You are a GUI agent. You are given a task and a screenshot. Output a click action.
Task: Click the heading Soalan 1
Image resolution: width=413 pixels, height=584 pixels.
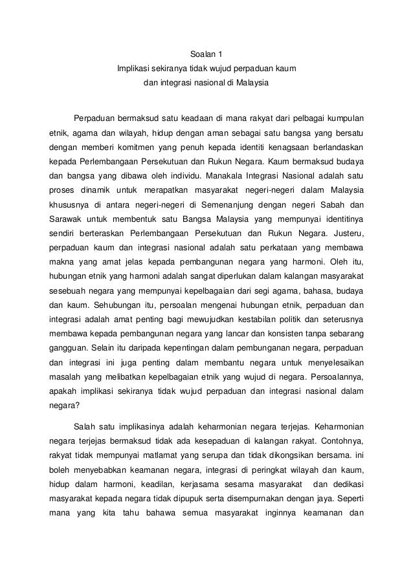(x=206, y=53)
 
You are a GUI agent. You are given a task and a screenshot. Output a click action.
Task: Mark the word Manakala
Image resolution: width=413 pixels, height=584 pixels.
(x=246, y=175)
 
